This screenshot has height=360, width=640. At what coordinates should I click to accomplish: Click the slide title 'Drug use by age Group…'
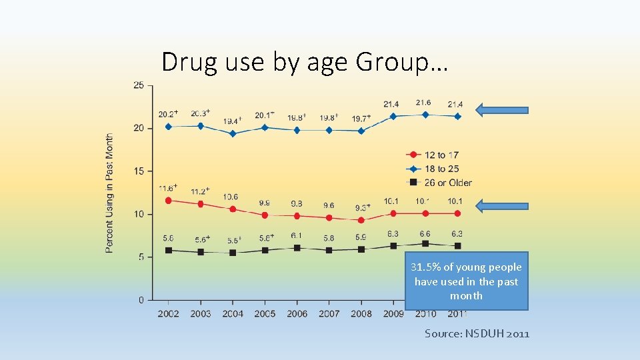click(x=305, y=62)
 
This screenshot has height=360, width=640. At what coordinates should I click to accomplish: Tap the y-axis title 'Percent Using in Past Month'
click(x=109, y=193)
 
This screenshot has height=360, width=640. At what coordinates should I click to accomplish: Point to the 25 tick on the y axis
click(x=139, y=85)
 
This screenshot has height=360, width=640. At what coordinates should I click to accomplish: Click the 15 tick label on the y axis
click(x=139, y=171)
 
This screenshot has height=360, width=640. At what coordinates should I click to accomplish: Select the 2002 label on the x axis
click(x=168, y=313)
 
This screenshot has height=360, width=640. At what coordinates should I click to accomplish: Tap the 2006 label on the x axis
click(x=297, y=313)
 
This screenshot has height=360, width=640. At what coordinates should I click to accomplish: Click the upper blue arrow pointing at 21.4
click(x=504, y=111)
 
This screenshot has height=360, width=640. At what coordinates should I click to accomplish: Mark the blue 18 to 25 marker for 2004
click(x=233, y=133)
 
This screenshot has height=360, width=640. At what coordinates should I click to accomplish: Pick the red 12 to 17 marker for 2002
click(x=168, y=200)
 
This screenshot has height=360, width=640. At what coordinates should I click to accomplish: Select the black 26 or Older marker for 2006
click(x=297, y=247)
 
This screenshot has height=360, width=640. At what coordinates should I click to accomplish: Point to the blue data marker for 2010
click(x=425, y=115)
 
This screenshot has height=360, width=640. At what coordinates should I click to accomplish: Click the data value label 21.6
click(x=423, y=103)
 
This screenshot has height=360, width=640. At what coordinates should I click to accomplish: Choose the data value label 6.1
click(x=295, y=236)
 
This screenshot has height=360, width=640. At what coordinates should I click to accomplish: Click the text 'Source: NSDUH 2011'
click(x=477, y=333)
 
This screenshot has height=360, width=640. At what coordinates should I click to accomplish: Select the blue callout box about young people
click(x=466, y=281)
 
